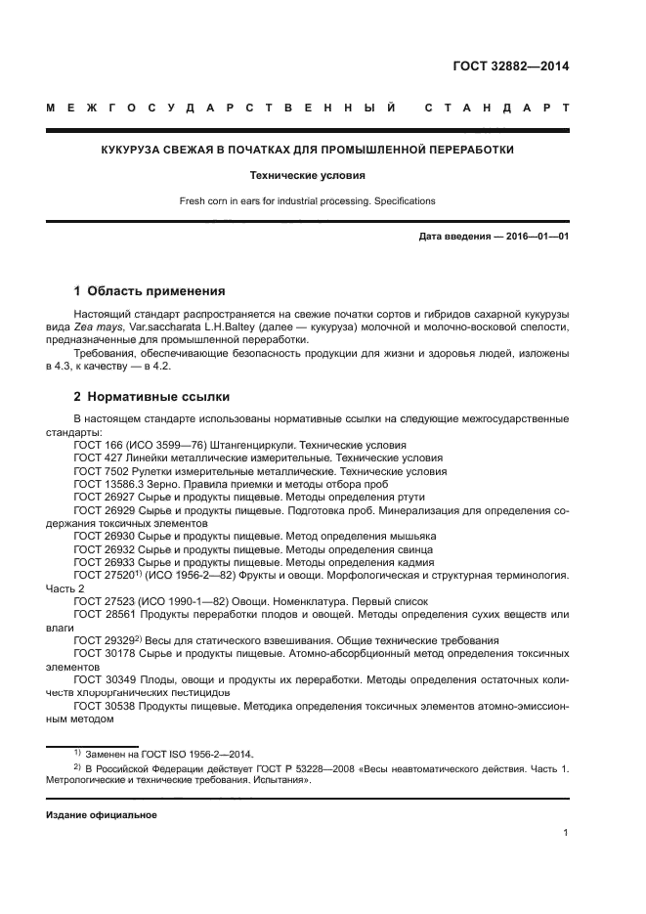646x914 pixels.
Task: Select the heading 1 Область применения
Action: pyautogui.click(x=150, y=291)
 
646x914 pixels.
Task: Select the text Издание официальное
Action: pyautogui.click(x=102, y=813)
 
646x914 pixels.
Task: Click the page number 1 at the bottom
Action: pyautogui.click(x=566, y=833)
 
